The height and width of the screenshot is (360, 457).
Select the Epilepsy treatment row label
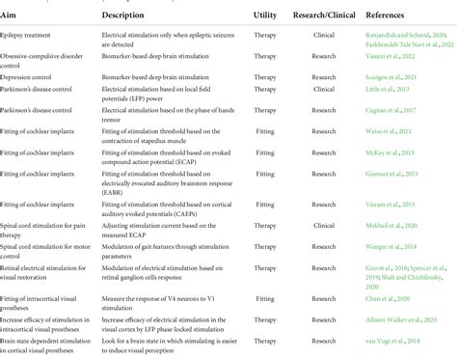pyautogui.click(x=37, y=35)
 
